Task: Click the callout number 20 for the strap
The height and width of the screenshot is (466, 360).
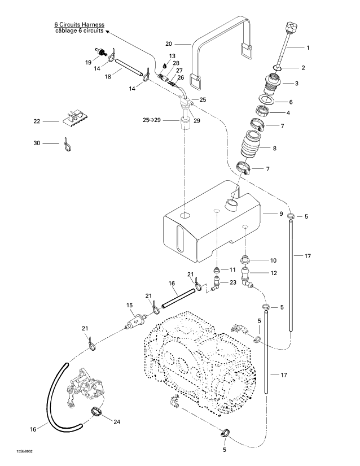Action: pos(169,43)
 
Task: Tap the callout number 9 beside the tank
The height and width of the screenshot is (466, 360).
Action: pos(280,214)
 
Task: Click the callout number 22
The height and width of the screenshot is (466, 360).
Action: pos(37,121)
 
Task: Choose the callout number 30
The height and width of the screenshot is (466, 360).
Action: pos(37,143)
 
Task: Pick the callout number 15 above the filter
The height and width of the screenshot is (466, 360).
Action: pos(130,306)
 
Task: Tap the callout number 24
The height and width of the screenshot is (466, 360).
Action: pos(117,421)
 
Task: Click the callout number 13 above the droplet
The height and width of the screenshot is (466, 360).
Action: pos(172,56)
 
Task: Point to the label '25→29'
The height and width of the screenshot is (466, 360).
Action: pos(152,120)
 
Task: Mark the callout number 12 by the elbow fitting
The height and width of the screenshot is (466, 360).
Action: pos(274,273)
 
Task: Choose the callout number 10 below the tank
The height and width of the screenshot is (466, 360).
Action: pos(274,260)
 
